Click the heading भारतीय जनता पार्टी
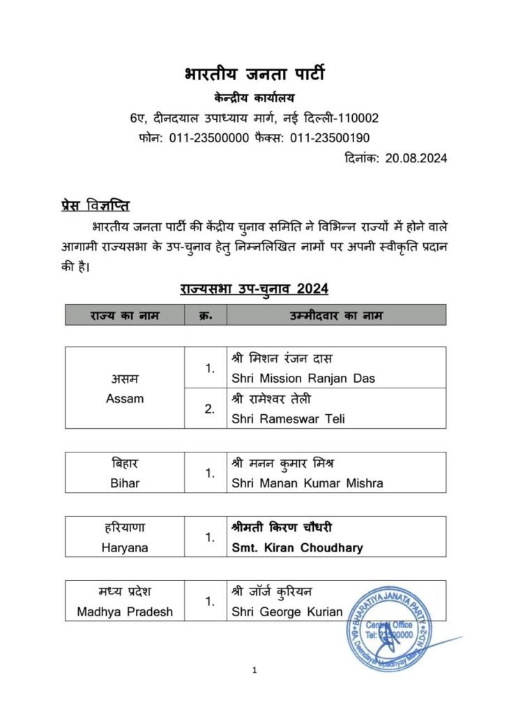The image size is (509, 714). pos(254,74)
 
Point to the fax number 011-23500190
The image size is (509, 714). pos(331,138)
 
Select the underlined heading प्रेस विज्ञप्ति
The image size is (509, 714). pos(94,206)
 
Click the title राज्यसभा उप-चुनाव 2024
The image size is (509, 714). pos(254,288)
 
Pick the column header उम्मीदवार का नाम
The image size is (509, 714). pos(336,315)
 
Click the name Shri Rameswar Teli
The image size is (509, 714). pos(289,419)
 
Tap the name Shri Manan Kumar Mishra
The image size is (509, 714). pos(307,483)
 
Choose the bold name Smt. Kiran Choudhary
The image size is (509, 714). pos(298,547)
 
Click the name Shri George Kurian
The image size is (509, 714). pos(287,612)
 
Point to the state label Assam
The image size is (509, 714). pos(125,399)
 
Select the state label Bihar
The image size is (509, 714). pos(125,483)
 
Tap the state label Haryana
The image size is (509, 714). pos(125,547)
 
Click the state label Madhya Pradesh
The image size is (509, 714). pos(125,612)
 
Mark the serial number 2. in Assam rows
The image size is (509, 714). pos(209,409)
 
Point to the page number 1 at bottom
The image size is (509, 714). pos(254,671)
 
